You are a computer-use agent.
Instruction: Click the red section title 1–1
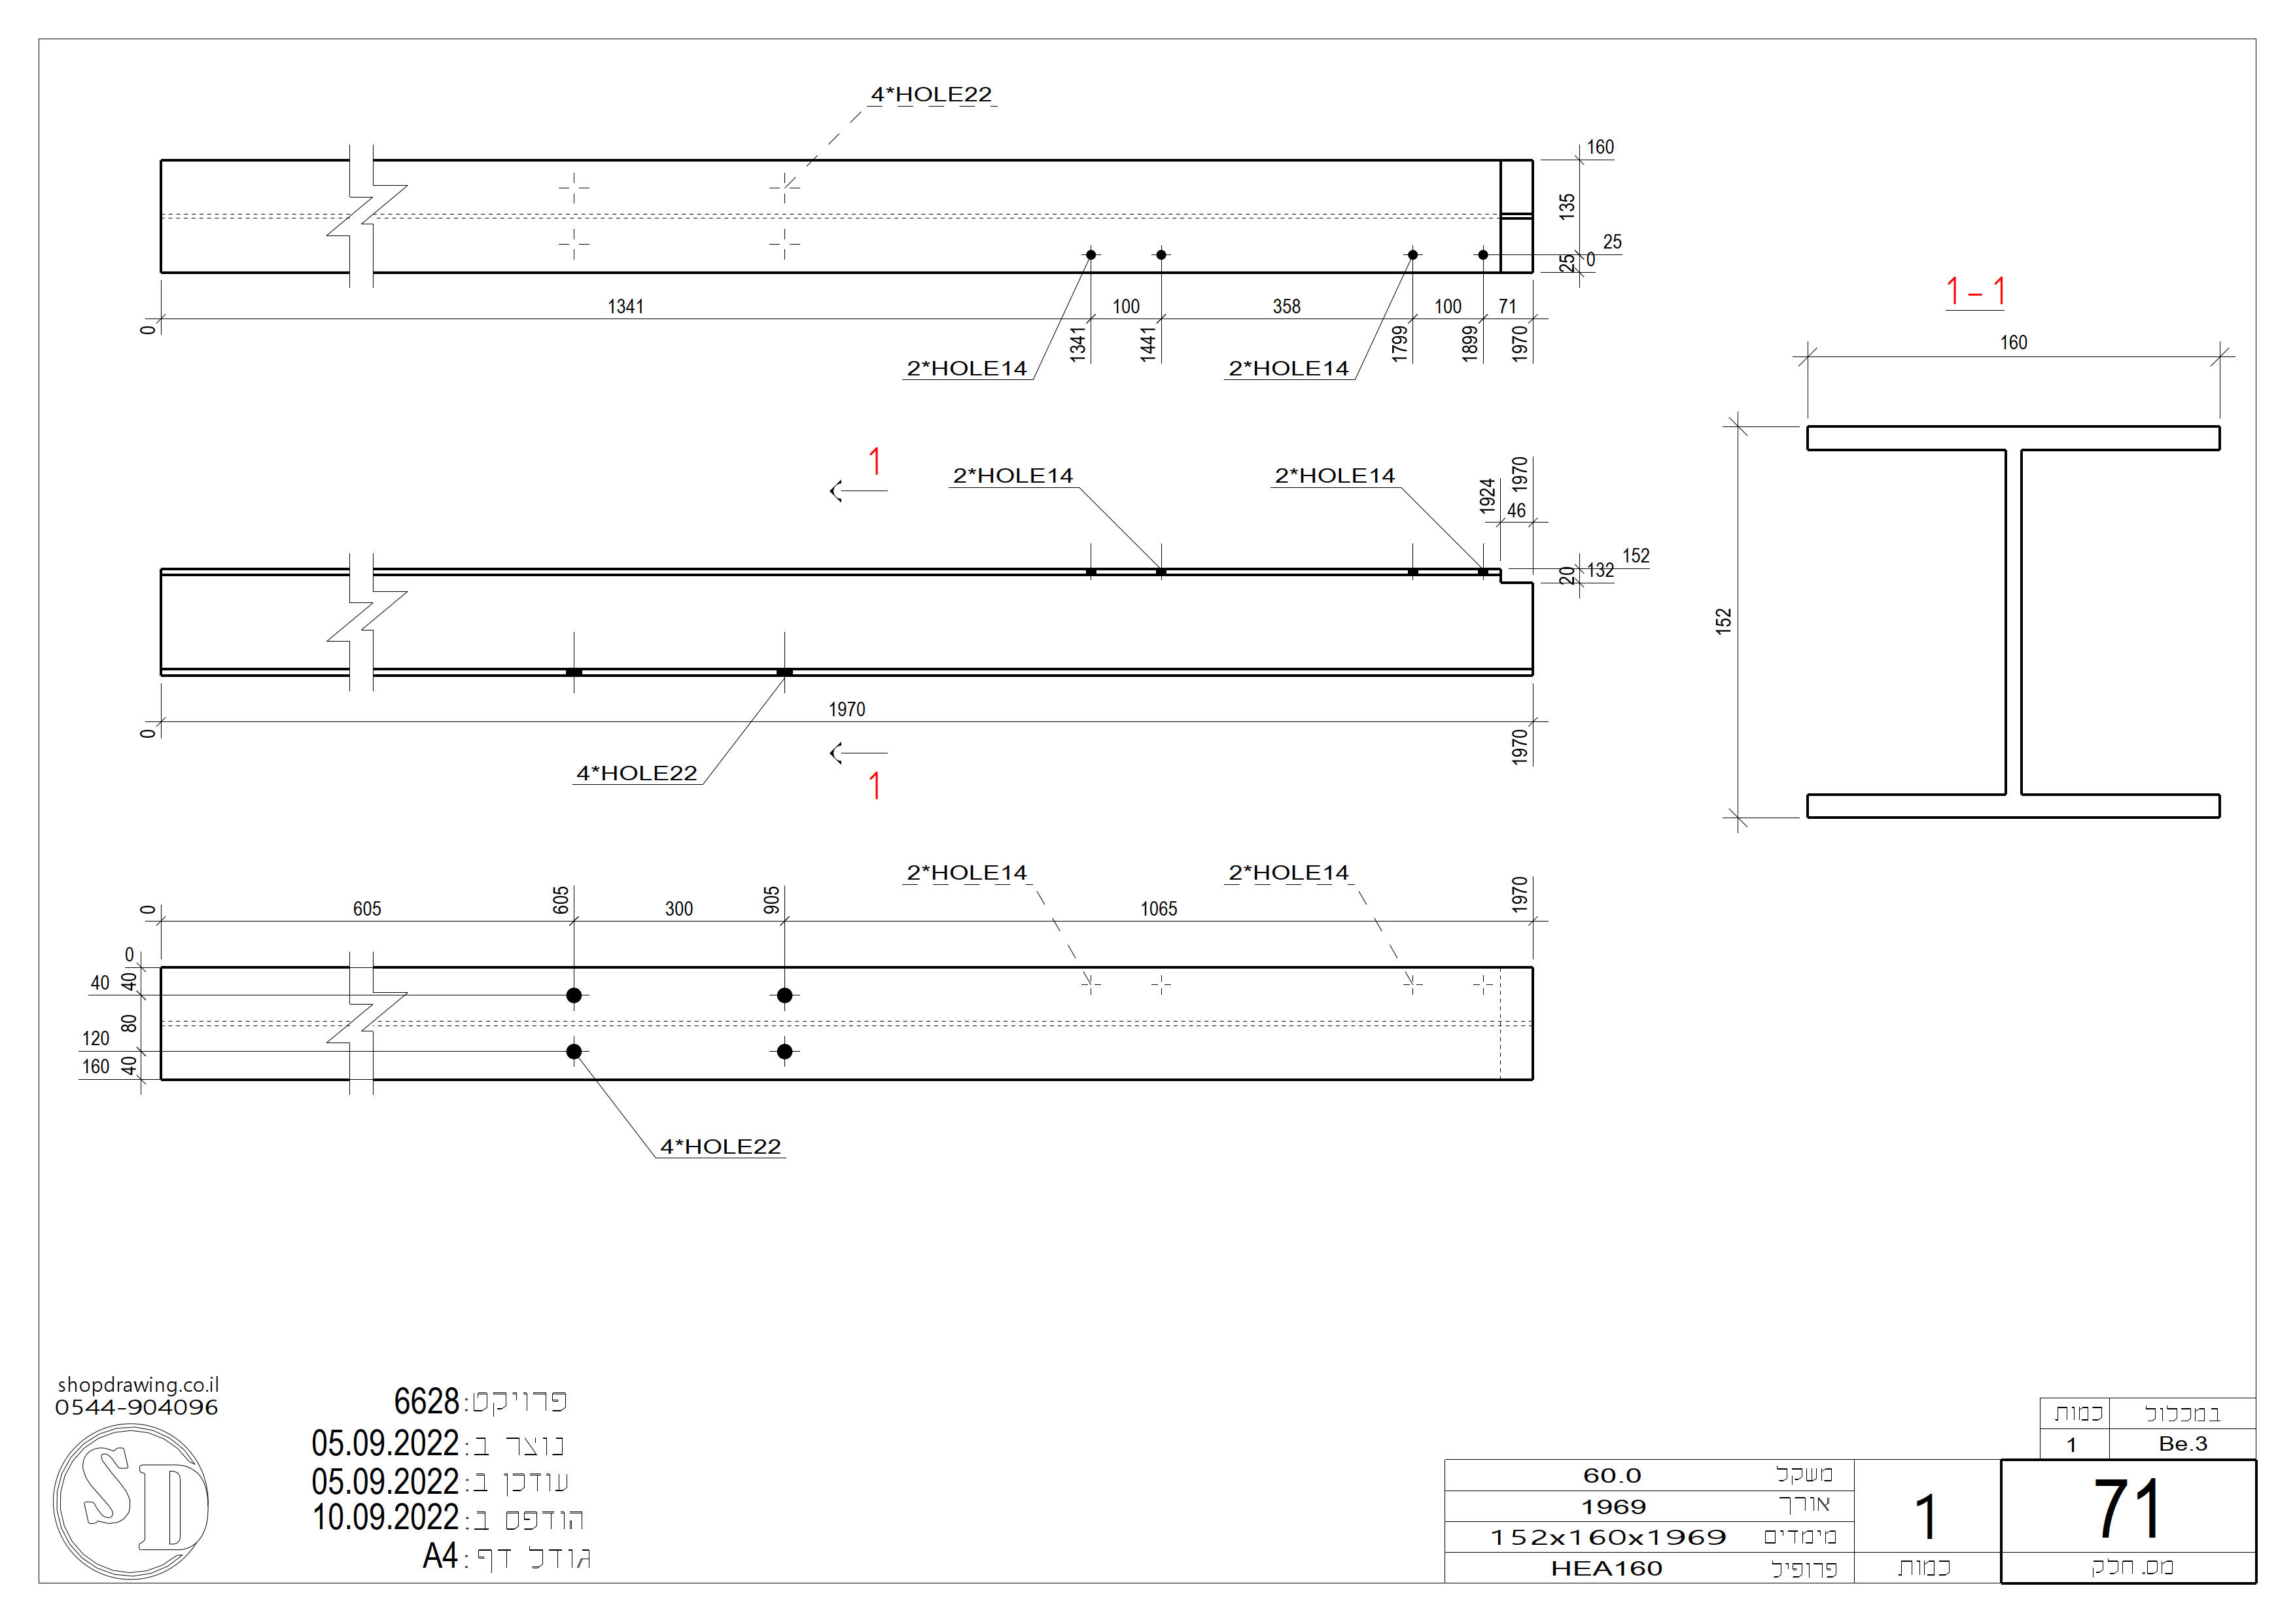point(1975,292)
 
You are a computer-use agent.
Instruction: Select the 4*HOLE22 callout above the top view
point(930,95)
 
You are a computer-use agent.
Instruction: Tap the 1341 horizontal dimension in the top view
point(625,307)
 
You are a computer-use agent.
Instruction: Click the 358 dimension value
point(1286,307)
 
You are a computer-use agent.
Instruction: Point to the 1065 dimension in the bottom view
point(1159,908)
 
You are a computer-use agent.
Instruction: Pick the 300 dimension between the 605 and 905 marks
point(678,908)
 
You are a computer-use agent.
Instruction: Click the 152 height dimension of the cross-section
point(1723,621)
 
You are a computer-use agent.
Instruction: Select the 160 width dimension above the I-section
point(2013,343)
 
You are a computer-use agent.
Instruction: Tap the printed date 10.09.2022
point(385,1518)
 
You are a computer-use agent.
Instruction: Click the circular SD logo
point(131,1501)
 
